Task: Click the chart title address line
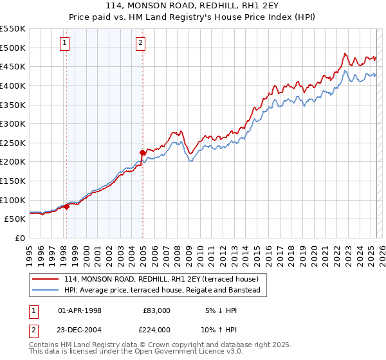pyautogui.click(x=193, y=6)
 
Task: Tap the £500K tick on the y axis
pyautogui.click(x=13, y=48)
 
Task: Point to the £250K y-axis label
pyautogui.click(x=13, y=143)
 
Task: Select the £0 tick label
pyautogui.click(x=21, y=238)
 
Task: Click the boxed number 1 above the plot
pyautogui.click(x=66, y=43)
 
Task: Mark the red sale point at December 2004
pyautogui.click(x=142, y=152)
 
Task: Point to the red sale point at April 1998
pyautogui.click(x=66, y=206)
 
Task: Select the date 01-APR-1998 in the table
pyautogui.click(x=80, y=310)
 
